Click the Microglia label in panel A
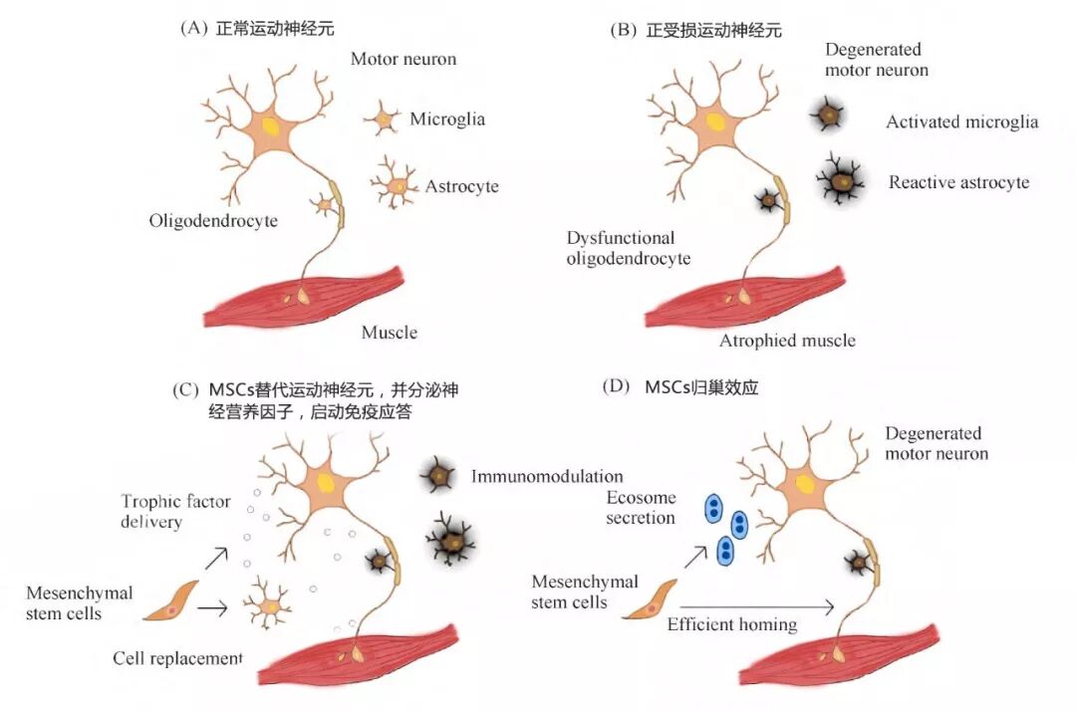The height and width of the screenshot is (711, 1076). point(447,119)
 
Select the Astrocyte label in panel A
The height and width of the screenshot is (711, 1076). point(461,186)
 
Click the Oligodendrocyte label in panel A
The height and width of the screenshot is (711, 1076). point(213,220)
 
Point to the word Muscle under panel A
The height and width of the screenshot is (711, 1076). point(390,332)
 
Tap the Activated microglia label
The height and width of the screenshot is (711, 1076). point(961,122)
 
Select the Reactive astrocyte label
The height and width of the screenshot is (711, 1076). point(958,182)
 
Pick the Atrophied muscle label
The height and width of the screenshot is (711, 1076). point(787,341)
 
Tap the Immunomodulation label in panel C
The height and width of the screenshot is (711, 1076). point(547,477)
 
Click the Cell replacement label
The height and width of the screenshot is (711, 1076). point(177,658)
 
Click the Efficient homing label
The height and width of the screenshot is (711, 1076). point(731,624)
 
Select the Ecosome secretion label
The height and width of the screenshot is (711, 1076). point(641,508)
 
